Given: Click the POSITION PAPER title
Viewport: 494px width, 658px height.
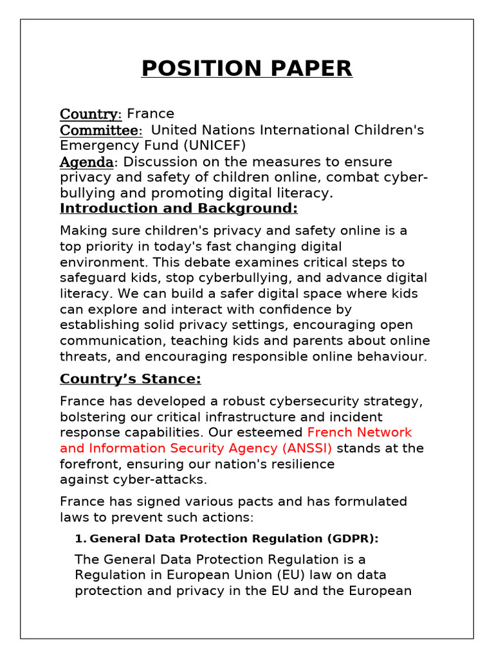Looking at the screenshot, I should [x=247, y=68].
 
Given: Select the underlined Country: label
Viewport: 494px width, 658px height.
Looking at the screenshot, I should [x=91, y=114].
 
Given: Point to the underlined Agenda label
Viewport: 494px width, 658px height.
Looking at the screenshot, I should [x=86, y=162].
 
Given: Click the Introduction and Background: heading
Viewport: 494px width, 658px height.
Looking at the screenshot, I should [x=179, y=208].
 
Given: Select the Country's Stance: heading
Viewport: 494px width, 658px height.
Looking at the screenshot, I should [x=131, y=379].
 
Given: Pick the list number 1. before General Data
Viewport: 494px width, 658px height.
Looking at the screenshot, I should [x=81, y=538].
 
